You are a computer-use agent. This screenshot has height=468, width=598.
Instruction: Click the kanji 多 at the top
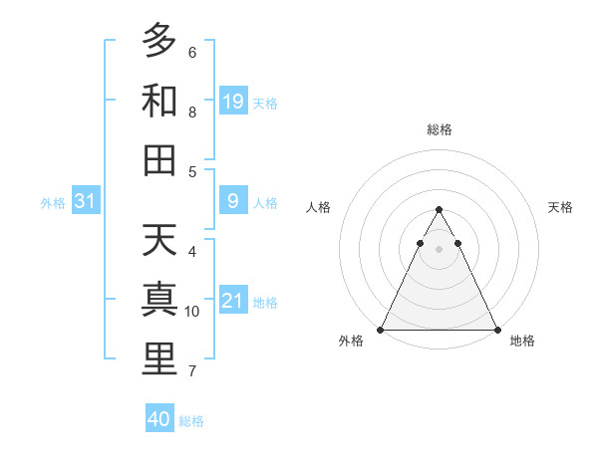[x=159, y=41]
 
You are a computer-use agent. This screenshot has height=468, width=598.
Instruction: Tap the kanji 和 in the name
[x=159, y=101]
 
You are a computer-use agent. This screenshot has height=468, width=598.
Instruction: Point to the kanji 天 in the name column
[x=159, y=240]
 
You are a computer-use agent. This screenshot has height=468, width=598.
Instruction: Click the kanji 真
[x=159, y=300]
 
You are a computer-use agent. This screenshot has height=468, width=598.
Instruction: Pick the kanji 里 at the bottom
[x=159, y=359]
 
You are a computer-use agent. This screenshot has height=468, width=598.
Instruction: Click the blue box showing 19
[x=233, y=102]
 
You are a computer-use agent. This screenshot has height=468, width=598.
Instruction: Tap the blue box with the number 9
[x=233, y=202]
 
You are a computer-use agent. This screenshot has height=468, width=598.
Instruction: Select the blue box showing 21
[x=233, y=302]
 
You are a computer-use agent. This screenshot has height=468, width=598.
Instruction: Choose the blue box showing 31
[x=86, y=202]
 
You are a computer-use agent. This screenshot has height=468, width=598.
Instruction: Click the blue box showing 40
[x=159, y=419]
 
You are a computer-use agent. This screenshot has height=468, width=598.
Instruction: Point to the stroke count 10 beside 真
[x=192, y=312]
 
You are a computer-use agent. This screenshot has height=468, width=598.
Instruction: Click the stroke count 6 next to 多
[x=192, y=52]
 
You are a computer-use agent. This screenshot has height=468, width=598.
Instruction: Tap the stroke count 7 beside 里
[x=192, y=371]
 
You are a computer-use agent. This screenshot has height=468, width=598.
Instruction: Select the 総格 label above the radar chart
[x=439, y=129]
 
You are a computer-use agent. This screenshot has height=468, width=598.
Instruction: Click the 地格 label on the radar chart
[x=522, y=342]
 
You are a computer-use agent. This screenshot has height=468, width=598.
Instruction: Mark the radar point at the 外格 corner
[x=381, y=329]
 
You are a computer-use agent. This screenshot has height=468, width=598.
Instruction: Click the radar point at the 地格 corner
[x=496, y=329]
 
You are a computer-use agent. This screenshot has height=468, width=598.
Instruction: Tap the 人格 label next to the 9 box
[x=265, y=203]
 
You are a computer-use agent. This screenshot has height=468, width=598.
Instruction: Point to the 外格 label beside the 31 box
[x=53, y=203]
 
